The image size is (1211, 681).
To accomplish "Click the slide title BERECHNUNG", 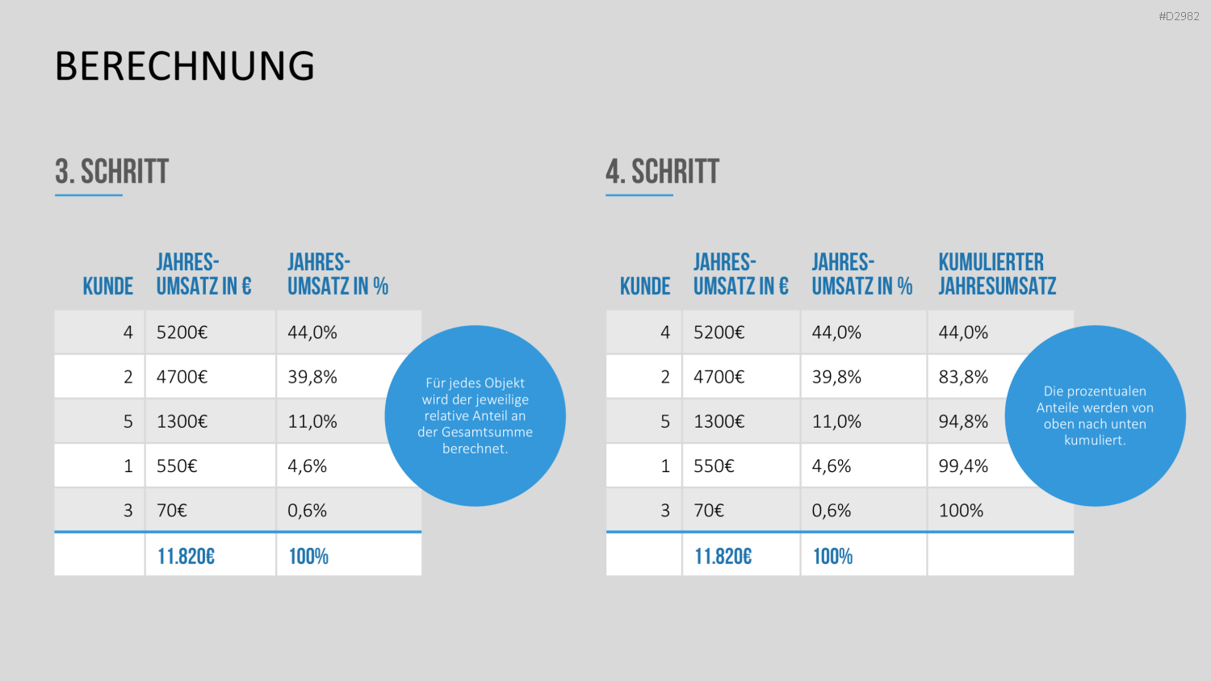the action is (x=184, y=66).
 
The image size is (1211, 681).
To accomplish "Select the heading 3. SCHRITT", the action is (x=112, y=172).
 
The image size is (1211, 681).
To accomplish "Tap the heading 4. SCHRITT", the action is (x=662, y=172).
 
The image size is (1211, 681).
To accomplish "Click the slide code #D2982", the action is (x=1179, y=16).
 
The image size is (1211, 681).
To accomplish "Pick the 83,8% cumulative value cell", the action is (x=963, y=377).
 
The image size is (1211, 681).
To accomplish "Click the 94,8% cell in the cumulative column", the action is (x=963, y=421).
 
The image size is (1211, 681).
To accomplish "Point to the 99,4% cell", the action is (x=963, y=466).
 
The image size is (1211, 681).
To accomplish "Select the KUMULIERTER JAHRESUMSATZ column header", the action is (x=997, y=274).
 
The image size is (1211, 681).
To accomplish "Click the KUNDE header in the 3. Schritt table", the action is (x=107, y=286).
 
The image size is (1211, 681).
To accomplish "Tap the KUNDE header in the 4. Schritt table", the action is (x=645, y=286).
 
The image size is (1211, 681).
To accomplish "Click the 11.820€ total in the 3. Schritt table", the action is (x=186, y=556).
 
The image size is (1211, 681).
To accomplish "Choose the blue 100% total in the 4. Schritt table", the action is (x=832, y=556).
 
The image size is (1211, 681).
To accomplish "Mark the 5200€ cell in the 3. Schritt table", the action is (x=182, y=332).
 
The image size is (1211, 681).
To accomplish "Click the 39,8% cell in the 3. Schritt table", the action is (x=312, y=377).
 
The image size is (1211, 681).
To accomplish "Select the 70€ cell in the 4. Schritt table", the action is (x=708, y=510).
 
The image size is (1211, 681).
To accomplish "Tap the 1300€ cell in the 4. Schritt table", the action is (x=719, y=421).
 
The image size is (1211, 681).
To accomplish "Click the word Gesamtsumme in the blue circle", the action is (x=487, y=432).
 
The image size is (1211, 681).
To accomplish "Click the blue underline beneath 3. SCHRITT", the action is (x=89, y=195).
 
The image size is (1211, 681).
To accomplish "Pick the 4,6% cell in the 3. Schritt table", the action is (x=307, y=466).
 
